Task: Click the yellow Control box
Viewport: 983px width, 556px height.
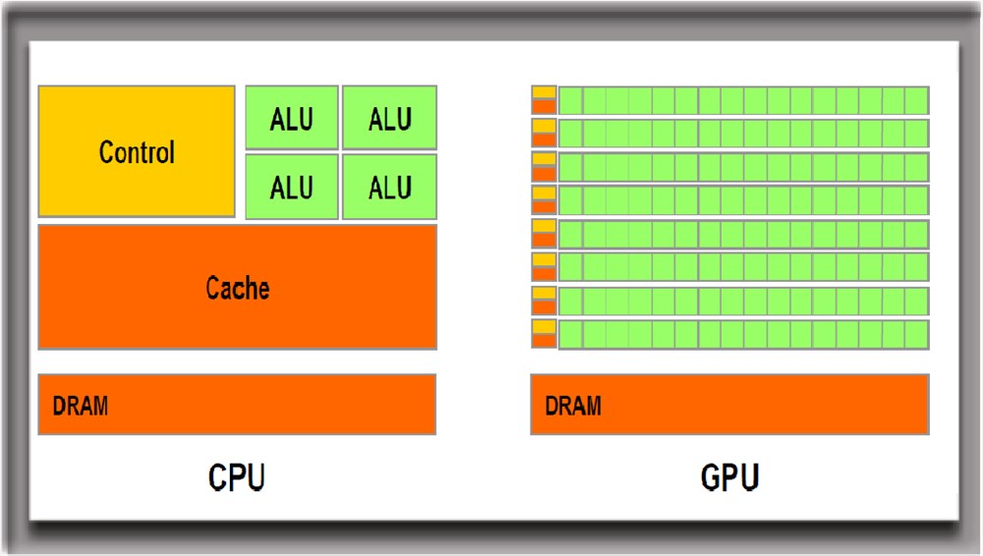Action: pyautogui.click(x=137, y=151)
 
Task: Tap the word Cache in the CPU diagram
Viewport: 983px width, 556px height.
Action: pyautogui.click(x=237, y=288)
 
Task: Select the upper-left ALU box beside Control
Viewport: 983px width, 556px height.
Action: pyautogui.click(x=292, y=118)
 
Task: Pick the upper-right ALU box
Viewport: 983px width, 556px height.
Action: pyautogui.click(x=389, y=118)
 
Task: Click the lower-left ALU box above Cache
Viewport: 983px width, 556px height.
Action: pyautogui.click(x=292, y=186)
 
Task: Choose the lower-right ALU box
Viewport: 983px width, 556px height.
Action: pyautogui.click(x=389, y=186)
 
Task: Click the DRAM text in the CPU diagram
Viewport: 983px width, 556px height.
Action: pyautogui.click(x=81, y=405)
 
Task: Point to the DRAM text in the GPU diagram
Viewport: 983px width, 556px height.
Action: pyautogui.click(x=573, y=405)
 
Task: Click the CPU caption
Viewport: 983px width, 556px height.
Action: pyautogui.click(x=237, y=478)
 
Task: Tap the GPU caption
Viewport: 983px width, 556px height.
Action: pyautogui.click(x=729, y=478)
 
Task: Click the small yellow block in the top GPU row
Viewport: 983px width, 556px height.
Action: pyautogui.click(x=544, y=92)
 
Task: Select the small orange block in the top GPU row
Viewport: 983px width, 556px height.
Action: pyautogui.click(x=544, y=105)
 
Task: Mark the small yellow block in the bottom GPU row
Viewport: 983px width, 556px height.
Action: pyautogui.click(x=544, y=326)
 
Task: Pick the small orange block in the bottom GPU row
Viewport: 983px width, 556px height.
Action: pyautogui.click(x=544, y=339)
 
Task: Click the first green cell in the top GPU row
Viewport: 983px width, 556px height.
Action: pyautogui.click(x=570, y=100)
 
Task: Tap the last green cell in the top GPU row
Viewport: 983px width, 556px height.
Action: pyautogui.click(x=916, y=100)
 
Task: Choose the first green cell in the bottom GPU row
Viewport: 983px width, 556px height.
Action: pyautogui.click(x=570, y=334)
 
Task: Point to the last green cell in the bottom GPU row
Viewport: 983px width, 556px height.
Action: pyautogui.click(x=916, y=334)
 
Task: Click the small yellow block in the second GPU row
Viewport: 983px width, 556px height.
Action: pyautogui.click(x=544, y=126)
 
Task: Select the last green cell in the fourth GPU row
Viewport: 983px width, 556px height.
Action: pyautogui.click(x=916, y=200)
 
